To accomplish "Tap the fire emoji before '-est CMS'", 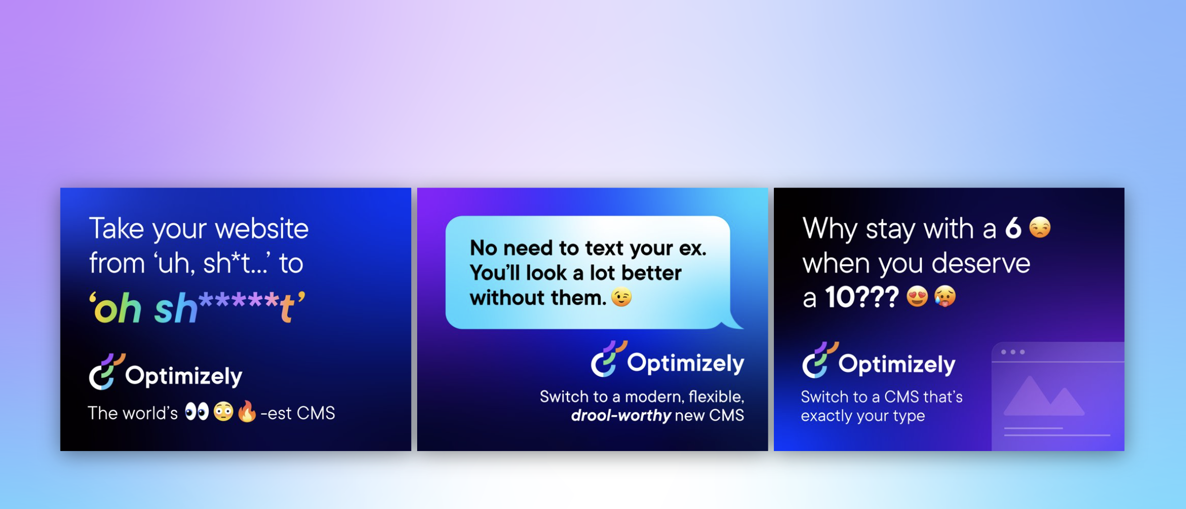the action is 247,411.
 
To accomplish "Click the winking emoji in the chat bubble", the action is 621,297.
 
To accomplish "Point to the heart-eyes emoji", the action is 917,296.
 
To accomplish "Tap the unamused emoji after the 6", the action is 1040,227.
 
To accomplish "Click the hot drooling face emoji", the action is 945,296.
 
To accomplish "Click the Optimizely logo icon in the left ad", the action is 106,372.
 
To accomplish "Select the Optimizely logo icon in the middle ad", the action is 609,359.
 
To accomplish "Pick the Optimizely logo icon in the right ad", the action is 820,360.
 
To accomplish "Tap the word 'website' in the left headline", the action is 261,229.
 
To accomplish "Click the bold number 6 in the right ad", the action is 1013,228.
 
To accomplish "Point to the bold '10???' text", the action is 862,297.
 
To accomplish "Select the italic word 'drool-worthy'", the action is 621,416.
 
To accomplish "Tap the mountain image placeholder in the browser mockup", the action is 1043,396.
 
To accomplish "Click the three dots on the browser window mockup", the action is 1013,352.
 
